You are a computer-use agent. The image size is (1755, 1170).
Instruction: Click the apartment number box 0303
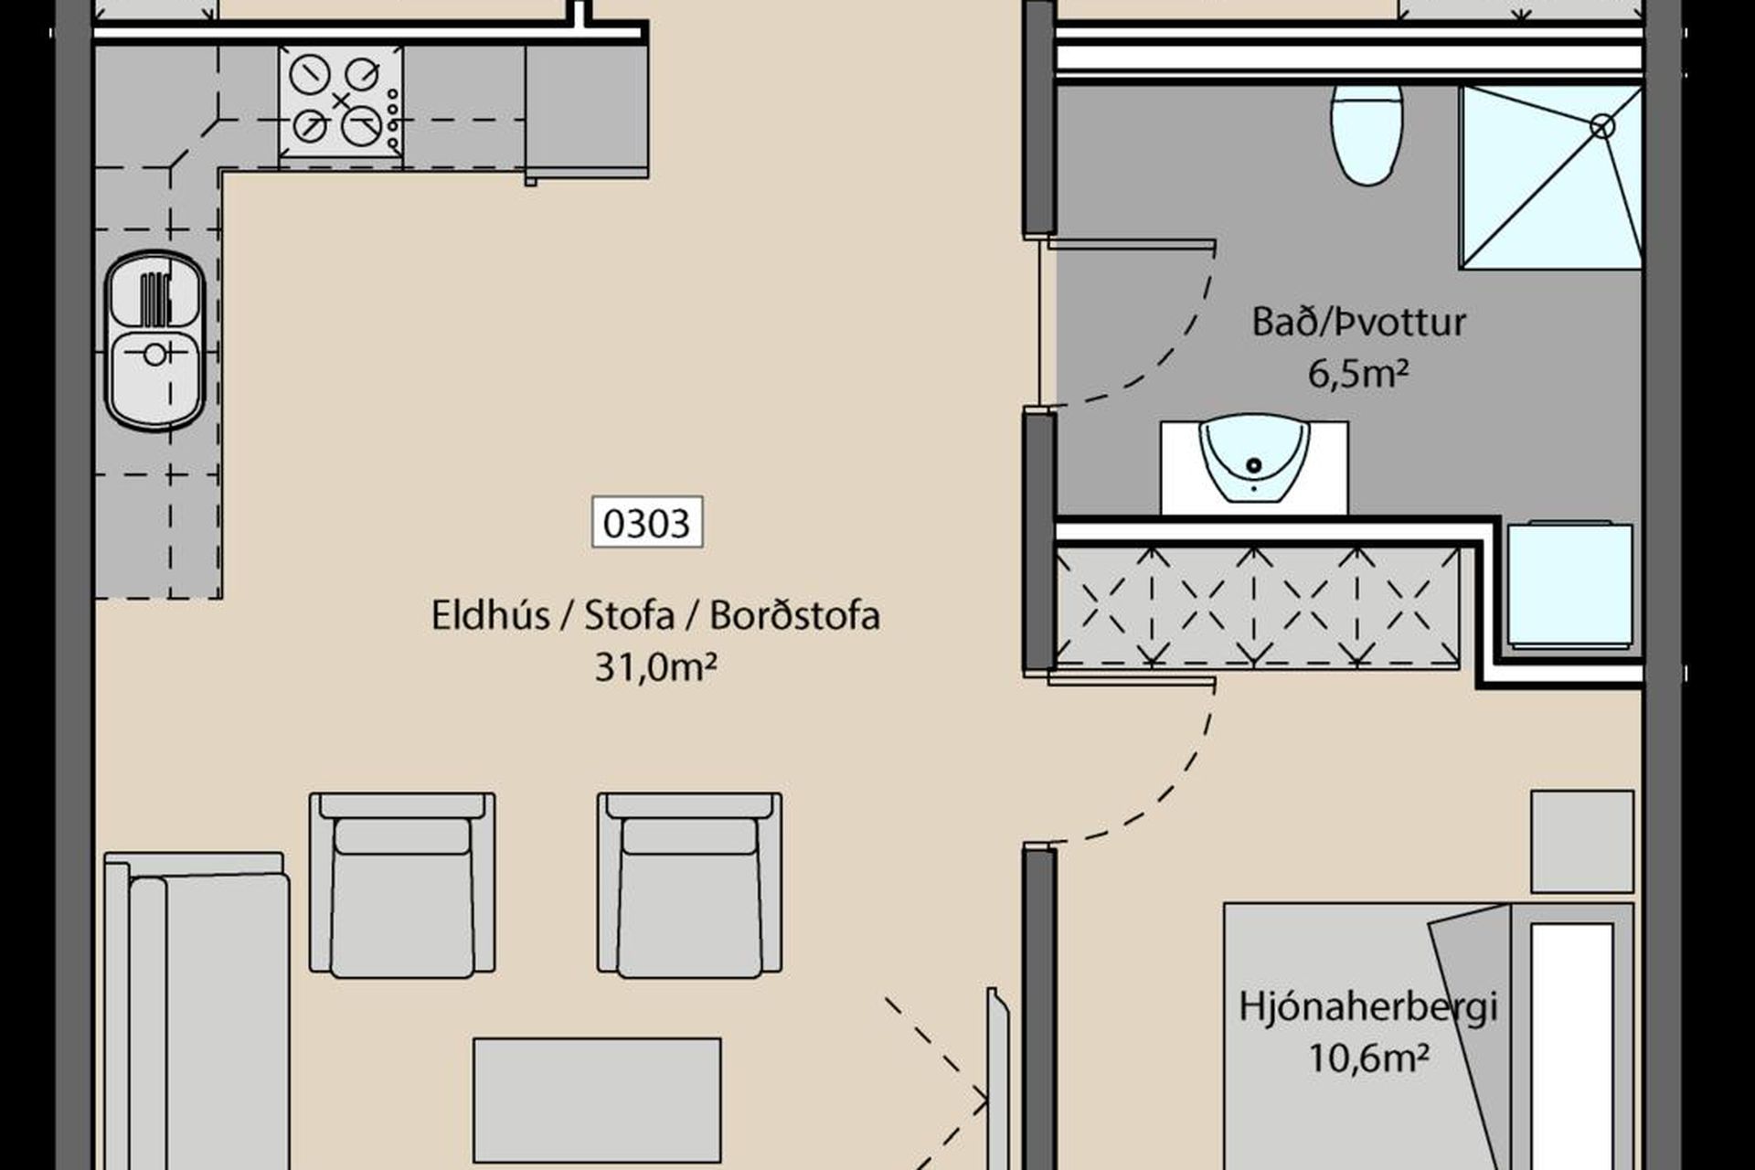pyautogui.click(x=647, y=522)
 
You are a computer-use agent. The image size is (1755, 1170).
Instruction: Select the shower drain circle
pyautogui.click(x=1602, y=126)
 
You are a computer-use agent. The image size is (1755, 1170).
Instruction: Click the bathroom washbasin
pyautogui.click(x=1253, y=463)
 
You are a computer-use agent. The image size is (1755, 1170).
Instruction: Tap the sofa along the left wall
pyautogui.click(x=197, y=1011)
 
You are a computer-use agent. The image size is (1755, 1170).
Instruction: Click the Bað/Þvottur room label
pyautogui.click(x=1358, y=322)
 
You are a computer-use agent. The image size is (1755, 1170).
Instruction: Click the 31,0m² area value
pyautogui.click(x=654, y=667)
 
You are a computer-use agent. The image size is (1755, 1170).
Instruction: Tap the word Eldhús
pyautogui.click(x=491, y=615)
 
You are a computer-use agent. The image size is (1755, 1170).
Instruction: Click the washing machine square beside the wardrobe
pyautogui.click(x=1569, y=584)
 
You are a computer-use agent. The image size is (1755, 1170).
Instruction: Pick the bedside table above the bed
pyautogui.click(x=1582, y=841)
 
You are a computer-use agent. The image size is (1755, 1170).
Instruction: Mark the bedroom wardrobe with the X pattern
pyautogui.click(x=1258, y=607)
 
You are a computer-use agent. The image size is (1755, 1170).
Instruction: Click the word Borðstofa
pyautogui.click(x=794, y=615)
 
